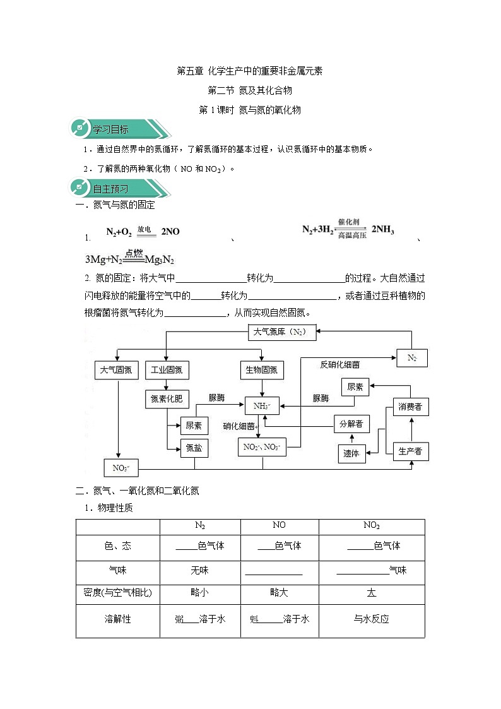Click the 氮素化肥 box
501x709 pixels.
click(167, 398)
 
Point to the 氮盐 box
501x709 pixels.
click(194, 448)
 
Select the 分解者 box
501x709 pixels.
click(351, 424)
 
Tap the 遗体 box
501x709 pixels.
click(351, 453)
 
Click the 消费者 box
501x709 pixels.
click(411, 407)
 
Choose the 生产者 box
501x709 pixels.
click(411, 451)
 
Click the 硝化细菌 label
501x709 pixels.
click(239, 426)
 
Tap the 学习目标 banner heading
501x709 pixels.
click(111, 130)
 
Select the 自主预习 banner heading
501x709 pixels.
click(111, 188)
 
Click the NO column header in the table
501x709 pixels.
click(279, 525)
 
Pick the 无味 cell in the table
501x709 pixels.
click(199, 570)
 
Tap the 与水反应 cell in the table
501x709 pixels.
click(371, 619)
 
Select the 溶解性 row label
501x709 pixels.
click(117, 619)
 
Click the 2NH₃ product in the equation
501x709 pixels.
click(382, 230)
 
